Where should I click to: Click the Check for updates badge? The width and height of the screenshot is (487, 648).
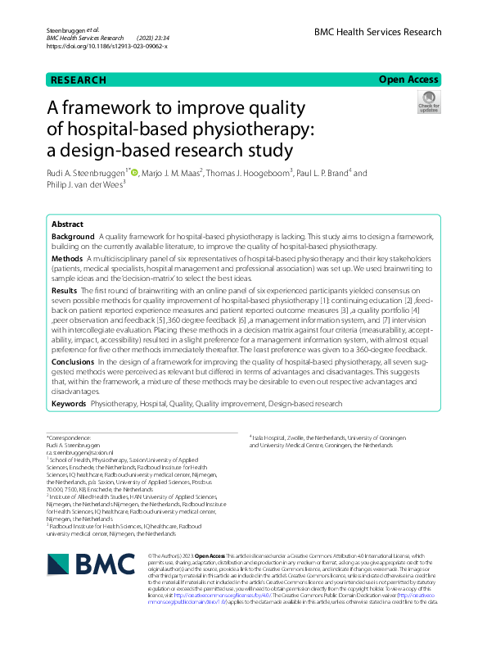(x=428, y=103)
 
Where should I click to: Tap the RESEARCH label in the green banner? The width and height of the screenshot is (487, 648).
(x=79, y=80)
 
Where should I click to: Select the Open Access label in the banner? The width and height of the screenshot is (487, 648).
(x=409, y=80)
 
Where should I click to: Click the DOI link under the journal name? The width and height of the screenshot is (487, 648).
(x=107, y=46)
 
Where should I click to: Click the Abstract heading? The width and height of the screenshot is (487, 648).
(x=67, y=224)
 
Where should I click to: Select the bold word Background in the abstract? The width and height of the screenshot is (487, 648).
(x=73, y=236)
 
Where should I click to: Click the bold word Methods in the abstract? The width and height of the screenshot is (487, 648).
(x=68, y=256)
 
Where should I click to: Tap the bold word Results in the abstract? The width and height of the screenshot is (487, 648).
(x=65, y=291)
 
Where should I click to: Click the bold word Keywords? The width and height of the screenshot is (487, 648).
(x=70, y=405)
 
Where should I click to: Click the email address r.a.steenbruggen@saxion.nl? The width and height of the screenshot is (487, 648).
(x=79, y=451)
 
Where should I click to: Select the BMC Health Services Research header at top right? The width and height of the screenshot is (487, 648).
(x=377, y=32)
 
